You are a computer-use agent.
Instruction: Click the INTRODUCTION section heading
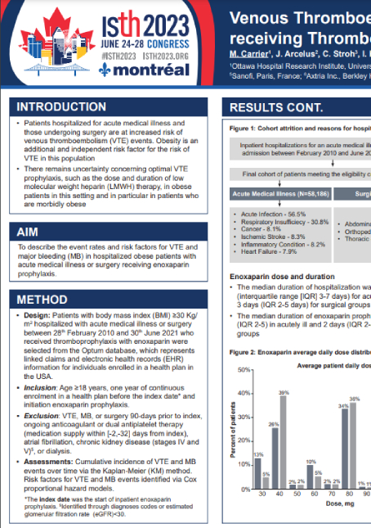point(62,106)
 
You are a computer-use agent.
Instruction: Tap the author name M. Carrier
point(254,53)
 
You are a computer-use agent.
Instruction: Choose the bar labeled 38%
point(355,445)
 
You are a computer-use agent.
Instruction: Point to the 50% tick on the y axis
point(243,371)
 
